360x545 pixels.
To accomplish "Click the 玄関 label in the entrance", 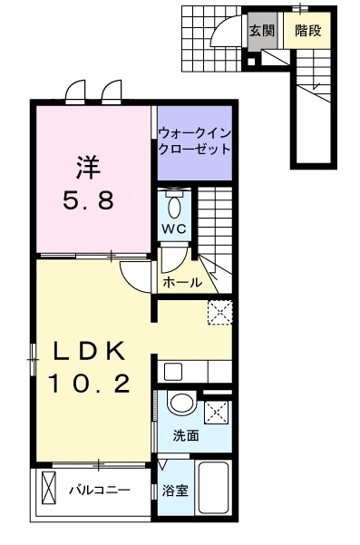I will pyautogui.click(x=261, y=30).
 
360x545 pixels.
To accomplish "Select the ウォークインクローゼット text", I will pyautogui.click(x=192, y=140).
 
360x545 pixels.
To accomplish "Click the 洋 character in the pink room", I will pyautogui.click(x=87, y=168).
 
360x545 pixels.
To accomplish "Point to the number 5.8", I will pyautogui.click(x=87, y=200).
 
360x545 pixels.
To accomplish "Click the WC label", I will pyautogui.click(x=175, y=229).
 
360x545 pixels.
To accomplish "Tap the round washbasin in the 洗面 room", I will pyautogui.click(x=181, y=405).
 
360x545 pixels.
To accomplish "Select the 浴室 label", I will pyautogui.click(x=174, y=491).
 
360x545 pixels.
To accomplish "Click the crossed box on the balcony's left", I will pyautogui.click(x=48, y=491).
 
